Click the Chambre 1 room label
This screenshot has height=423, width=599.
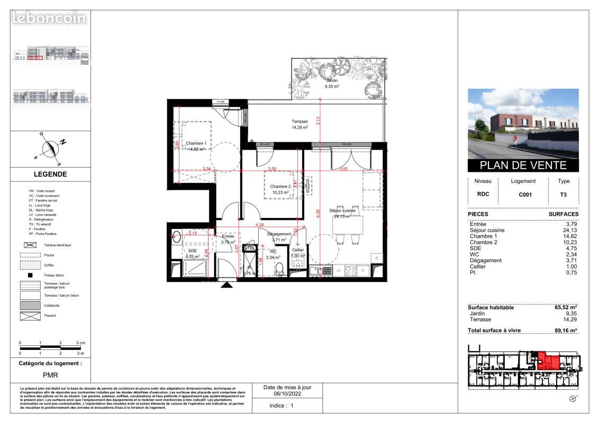[x=196, y=143]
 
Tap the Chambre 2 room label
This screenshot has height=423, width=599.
[x=280, y=187]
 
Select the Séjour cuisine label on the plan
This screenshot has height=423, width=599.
[x=342, y=210]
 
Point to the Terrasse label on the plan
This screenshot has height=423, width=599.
[x=299, y=122]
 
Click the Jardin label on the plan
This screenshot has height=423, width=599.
[x=332, y=80]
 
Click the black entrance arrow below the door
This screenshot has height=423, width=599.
[x=227, y=285]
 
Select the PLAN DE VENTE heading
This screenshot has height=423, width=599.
[x=523, y=165]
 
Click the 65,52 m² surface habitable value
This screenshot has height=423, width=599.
[x=566, y=307]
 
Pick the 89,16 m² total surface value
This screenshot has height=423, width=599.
[x=566, y=330]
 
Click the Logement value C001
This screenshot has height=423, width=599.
[x=525, y=194]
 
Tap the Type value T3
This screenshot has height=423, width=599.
[x=564, y=194]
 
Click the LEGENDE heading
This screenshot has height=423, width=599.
[x=51, y=174]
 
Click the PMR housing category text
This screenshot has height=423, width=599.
[x=50, y=374]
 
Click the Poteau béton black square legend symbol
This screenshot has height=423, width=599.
[x=30, y=275]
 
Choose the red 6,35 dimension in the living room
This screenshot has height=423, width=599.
[x=317, y=214]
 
